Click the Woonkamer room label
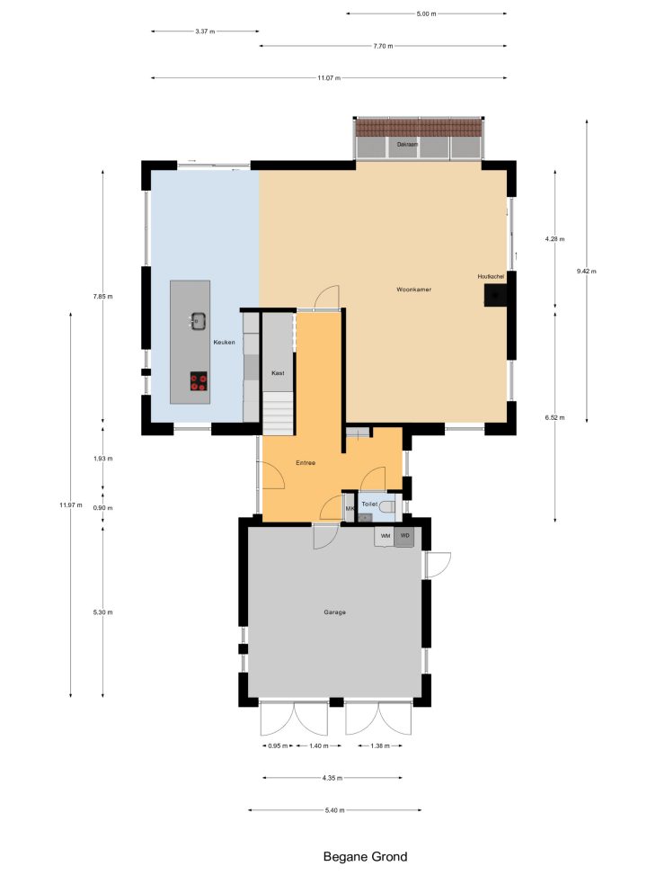(413, 290)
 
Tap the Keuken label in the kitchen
(225, 342)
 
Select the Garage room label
(334, 612)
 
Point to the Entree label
(306, 462)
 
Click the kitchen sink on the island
(198, 321)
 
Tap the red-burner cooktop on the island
(199, 380)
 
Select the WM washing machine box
(385, 536)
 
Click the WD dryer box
(404, 536)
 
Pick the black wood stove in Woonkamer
(495, 295)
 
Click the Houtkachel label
(491, 276)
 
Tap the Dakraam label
(407, 145)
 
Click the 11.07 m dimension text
(329, 78)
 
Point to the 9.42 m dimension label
(586, 272)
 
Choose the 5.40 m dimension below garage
(334, 810)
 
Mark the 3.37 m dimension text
(205, 31)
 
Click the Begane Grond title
(366, 857)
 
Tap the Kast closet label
(278, 373)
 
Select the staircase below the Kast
(278, 414)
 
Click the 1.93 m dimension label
(102, 459)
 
